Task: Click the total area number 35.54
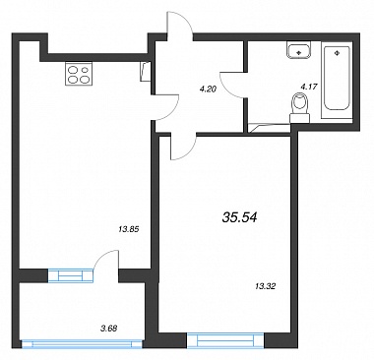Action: click(239, 216)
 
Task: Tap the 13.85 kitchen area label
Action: click(129, 229)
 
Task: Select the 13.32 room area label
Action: click(265, 286)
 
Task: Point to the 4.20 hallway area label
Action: click(208, 89)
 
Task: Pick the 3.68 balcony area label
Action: click(109, 328)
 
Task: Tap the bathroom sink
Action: click(299, 50)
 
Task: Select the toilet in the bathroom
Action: click(300, 107)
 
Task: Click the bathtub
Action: click(337, 80)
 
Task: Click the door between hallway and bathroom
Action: click(233, 85)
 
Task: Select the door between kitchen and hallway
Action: click(166, 107)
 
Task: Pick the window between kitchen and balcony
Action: click(71, 275)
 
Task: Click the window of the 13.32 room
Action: click(225, 340)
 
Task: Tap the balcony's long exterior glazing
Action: click(82, 344)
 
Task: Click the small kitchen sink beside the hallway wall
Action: click(146, 71)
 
